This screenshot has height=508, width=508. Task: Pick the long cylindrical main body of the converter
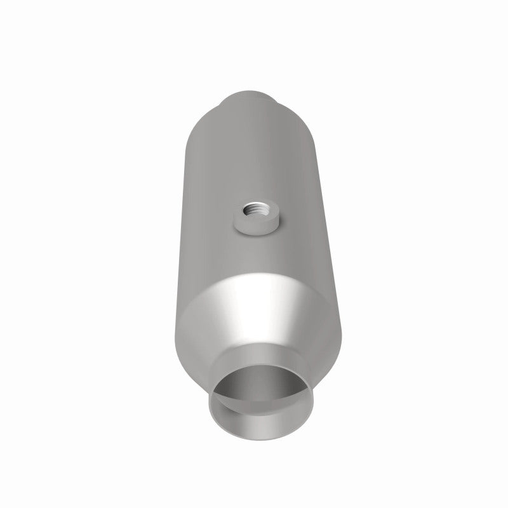[254, 165]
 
